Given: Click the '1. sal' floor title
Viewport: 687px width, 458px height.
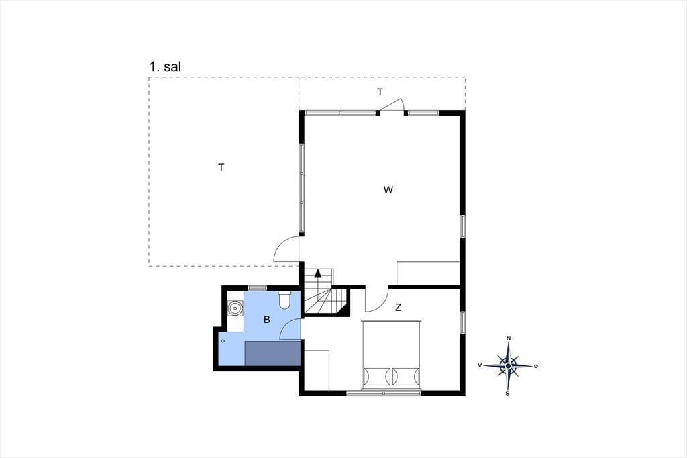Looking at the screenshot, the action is [x=165, y=67].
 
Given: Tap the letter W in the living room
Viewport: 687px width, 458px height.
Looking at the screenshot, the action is [x=388, y=190].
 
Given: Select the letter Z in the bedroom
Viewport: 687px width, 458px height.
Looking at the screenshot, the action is [x=398, y=308].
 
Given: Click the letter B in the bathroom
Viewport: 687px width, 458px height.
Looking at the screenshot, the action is [x=267, y=320].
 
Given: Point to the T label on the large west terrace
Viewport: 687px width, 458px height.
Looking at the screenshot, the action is [x=221, y=167].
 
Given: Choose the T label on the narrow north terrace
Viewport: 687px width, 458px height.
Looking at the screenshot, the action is [x=380, y=92].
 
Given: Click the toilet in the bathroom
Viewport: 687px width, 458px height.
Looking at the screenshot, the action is [x=284, y=300].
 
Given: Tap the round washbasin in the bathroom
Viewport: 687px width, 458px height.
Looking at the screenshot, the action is [x=235, y=308].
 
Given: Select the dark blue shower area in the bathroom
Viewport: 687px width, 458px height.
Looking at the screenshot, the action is [x=272, y=353].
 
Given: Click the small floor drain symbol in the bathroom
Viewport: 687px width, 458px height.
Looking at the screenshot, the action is [x=223, y=341].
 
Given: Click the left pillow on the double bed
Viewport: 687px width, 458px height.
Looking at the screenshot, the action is [x=376, y=376].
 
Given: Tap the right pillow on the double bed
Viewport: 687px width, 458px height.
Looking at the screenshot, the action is [x=406, y=376].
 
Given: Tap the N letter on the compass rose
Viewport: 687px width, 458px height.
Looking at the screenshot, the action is [x=509, y=338].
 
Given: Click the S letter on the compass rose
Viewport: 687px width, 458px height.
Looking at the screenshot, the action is [x=507, y=394].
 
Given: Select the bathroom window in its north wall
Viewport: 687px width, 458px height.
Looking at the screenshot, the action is [x=257, y=288].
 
